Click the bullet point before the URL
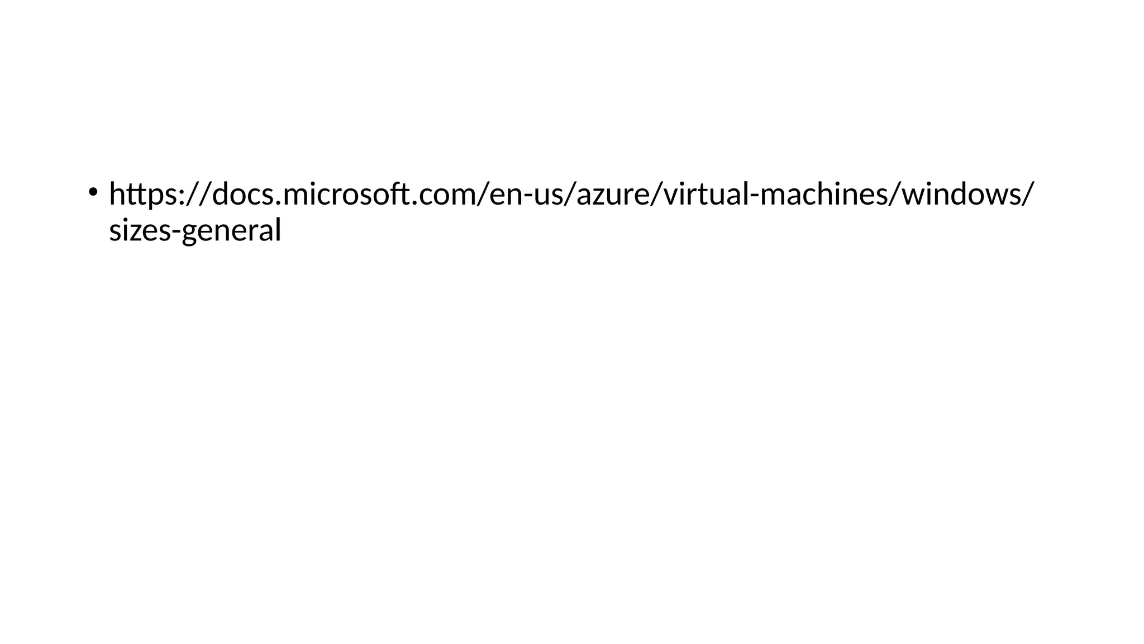tap(92, 192)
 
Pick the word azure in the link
tap(612, 195)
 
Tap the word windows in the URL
tap(960, 194)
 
